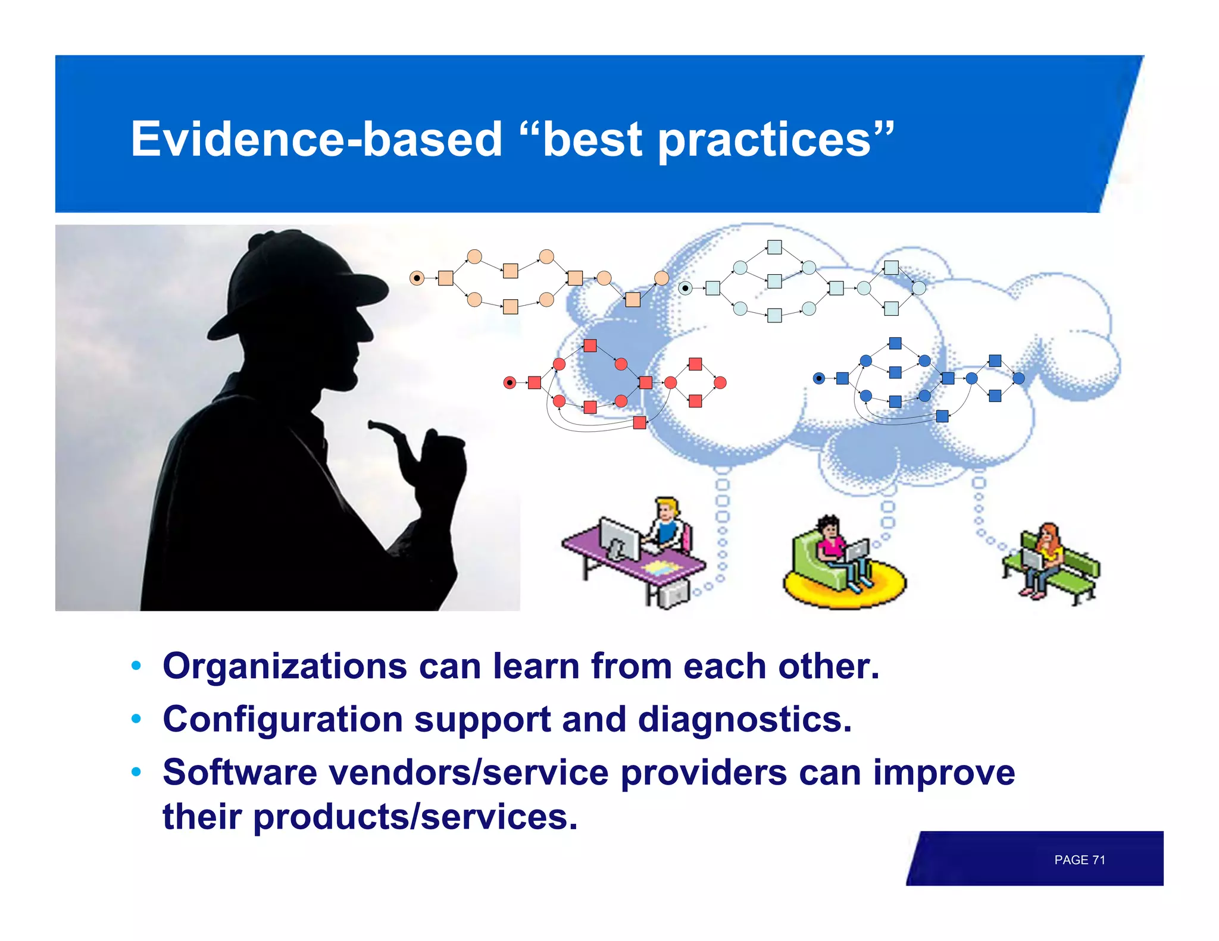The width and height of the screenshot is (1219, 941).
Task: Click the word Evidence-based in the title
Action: (316, 139)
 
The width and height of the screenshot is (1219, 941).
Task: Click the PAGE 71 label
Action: (1079, 860)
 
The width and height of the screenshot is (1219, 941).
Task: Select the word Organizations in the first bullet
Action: (285, 666)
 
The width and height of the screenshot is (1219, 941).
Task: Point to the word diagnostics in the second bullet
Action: (744, 720)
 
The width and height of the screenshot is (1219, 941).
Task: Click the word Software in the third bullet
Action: (240, 773)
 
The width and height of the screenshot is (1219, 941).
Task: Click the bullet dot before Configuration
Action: (136, 719)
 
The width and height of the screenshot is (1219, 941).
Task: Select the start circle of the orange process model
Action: (417, 278)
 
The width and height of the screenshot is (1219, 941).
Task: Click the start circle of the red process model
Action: (510, 382)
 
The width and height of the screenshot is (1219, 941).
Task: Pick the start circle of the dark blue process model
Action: (819, 378)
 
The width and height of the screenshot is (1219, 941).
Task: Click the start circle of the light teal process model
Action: (686, 288)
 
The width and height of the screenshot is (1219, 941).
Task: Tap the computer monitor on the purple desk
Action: (619, 538)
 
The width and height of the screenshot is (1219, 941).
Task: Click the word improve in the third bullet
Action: (944, 773)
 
